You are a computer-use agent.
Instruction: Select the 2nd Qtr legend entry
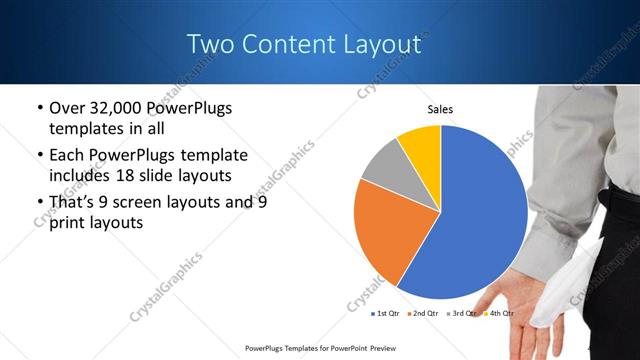(x=428, y=313)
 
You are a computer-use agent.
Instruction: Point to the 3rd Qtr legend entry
(x=465, y=313)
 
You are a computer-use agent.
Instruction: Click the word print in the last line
(x=68, y=223)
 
